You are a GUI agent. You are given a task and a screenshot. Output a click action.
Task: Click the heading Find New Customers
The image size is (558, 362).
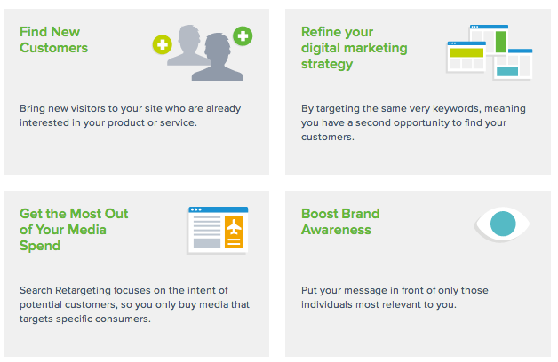click(53, 40)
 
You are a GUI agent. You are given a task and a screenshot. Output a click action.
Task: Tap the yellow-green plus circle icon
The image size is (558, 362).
click(163, 44)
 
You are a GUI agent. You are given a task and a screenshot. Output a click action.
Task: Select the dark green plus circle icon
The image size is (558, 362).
click(243, 35)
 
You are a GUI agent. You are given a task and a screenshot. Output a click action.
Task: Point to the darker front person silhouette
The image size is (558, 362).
click(218, 58)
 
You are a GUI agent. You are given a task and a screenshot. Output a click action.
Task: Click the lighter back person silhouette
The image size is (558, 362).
click(187, 44)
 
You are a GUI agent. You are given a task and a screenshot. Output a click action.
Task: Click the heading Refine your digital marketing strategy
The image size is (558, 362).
click(355, 48)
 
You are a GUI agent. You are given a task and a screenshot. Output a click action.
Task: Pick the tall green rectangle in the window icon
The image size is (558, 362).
click(501, 42)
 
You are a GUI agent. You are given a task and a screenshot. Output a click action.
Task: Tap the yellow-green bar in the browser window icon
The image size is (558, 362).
click(466, 52)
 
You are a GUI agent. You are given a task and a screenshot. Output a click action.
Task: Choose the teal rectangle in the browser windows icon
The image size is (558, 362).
click(507, 71)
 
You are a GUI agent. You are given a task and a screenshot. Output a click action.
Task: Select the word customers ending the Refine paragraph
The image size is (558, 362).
click(327, 137)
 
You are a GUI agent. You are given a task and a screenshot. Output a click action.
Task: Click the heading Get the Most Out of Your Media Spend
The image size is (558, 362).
click(74, 230)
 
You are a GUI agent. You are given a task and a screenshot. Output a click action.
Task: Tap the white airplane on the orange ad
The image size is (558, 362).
click(234, 226)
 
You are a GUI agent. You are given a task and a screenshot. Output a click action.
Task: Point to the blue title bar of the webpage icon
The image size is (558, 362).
click(219, 209)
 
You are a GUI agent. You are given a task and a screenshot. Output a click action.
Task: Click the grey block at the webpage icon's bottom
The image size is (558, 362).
click(207, 243)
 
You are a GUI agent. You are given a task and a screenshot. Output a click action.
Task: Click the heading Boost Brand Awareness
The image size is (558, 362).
click(340, 221)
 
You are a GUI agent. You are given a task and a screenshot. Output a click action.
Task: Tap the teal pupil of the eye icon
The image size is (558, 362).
click(503, 224)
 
